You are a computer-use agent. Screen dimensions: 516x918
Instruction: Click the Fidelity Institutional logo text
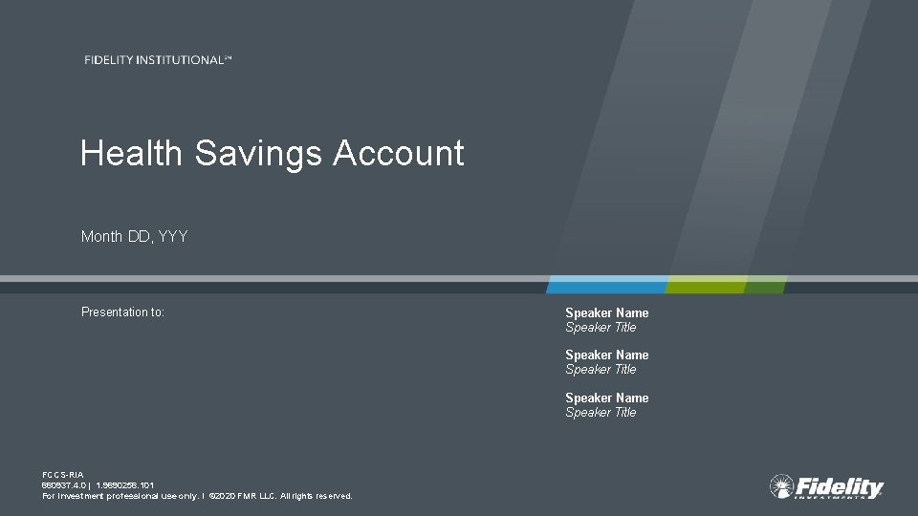(x=158, y=60)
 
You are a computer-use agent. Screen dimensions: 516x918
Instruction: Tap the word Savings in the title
(x=258, y=153)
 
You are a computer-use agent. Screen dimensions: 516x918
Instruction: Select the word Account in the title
(x=398, y=153)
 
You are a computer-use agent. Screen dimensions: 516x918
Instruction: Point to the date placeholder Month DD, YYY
(x=134, y=236)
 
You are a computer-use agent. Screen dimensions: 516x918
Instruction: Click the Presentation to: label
(x=122, y=312)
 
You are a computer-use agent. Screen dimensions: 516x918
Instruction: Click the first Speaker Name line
(x=606, y=312)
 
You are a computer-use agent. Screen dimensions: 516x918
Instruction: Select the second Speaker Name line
(x=606, y=355)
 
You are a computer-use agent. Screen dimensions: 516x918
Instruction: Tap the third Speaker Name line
(x=606, y=398)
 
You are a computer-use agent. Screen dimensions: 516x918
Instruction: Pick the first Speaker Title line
(x=601, y=327)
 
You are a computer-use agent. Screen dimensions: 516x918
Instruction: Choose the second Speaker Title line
(x=601, y=369)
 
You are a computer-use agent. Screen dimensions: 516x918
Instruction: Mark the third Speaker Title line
(x=601, y=412)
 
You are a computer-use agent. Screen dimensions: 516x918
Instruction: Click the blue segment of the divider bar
(x=606, y=285)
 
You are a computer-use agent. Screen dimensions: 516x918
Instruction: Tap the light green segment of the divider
(x=706, y=285)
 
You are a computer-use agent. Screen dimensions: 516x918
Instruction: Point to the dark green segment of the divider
(x=765, y=285)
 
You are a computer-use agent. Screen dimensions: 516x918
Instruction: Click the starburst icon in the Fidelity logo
(x=781, y=486)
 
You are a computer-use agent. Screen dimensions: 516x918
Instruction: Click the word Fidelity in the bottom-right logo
(x=840, y=485)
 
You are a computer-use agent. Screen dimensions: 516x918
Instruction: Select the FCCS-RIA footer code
(x=63, y=475)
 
